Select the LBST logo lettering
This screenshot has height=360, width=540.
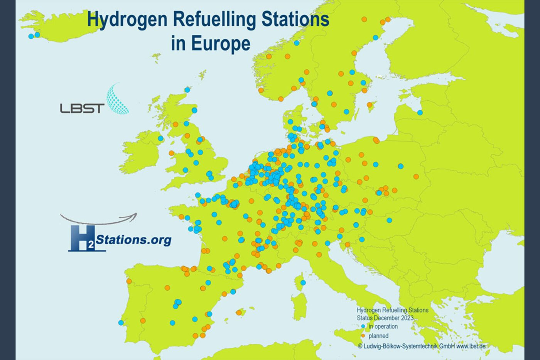(82, 108)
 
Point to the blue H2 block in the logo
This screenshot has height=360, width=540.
(82, 239)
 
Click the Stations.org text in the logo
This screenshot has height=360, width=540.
(133, 240)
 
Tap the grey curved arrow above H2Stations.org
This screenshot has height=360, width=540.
(99, 219)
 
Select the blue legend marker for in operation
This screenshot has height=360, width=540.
(363, 326)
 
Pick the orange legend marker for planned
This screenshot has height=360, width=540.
(363, 336)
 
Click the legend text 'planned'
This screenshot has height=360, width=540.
(378, 336)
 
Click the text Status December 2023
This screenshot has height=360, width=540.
(385, 318)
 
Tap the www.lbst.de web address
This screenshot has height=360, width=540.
(471, 346)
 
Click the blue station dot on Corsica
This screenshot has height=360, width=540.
(303, 283)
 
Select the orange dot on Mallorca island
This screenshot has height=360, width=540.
(239, 313)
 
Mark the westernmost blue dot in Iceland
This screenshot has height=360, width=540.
(31, 36)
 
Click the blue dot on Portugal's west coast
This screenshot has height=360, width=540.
(121, 323)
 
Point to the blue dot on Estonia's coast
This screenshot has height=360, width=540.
(420, 113)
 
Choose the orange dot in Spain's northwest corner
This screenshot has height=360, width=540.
(129, 281)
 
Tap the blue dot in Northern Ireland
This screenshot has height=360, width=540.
(160, 138)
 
